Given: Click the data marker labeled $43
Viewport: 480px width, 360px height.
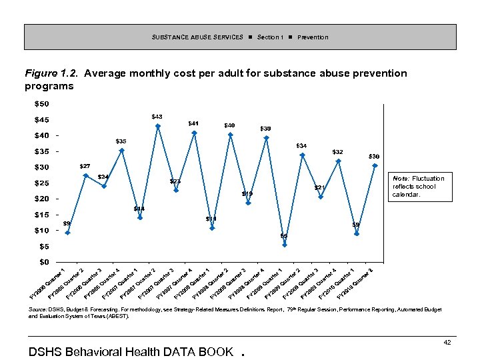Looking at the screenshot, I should click(x=158, y=126).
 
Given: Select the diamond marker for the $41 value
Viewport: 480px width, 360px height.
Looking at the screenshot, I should click(x=194, y=133).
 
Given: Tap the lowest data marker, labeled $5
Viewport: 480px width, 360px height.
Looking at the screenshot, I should click(x=285, y=245).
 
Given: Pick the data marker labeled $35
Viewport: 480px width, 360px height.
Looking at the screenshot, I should click(x=122, y=151).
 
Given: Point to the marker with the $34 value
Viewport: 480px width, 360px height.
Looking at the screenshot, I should click(x=303, y=155).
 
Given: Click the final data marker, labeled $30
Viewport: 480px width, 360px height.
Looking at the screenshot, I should click(x=375, y=165).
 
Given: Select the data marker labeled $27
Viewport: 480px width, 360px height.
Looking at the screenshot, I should click(x=85, y=175).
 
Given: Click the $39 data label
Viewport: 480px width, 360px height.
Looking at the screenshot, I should click(x=265, y=129).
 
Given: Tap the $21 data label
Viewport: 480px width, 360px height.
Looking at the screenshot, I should click(x=320, y=187).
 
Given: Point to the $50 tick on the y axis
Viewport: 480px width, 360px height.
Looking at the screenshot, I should click(x=41, y=104).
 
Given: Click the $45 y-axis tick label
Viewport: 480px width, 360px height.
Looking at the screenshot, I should click(x=41, y=120).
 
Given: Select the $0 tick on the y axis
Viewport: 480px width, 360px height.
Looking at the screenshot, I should click(x=43, y=262).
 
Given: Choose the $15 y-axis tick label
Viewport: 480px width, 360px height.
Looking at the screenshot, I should click(x=41, y=215).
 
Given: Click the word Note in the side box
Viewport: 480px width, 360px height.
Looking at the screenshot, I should click(x=401, y=179).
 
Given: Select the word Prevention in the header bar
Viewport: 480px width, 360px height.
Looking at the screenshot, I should click(x=313, y=37).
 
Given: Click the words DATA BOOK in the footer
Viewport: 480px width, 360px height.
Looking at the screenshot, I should click(x=198, y=351).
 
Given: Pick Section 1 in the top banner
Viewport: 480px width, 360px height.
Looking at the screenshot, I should click(x=270, y=37).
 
